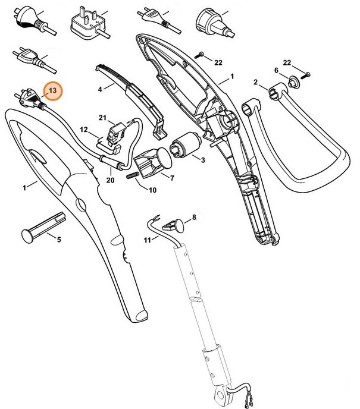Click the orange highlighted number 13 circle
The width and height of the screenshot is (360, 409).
[x=54, y=91]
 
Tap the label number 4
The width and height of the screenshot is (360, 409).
[x=101, y=89]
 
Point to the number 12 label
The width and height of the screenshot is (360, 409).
[x=84, y=129]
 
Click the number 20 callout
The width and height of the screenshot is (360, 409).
[x=109, y=180]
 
